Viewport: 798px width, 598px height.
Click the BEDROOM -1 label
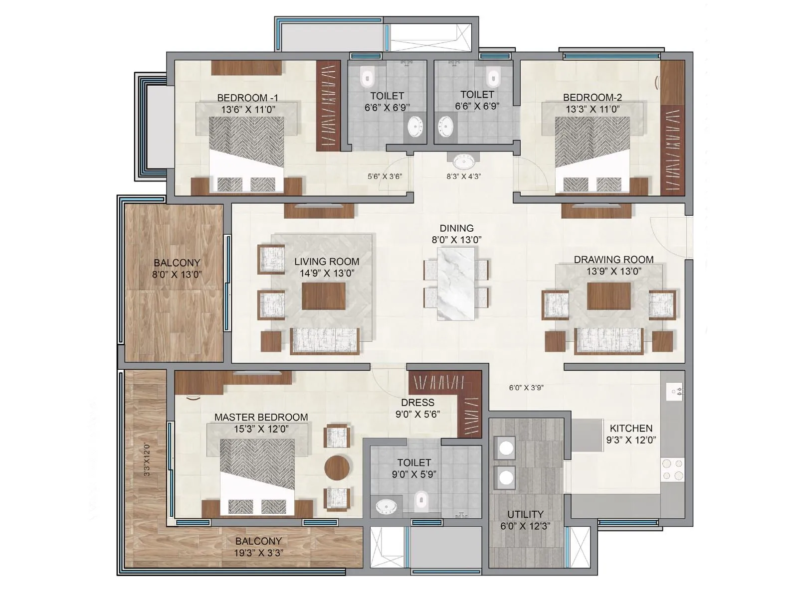pos(247,98)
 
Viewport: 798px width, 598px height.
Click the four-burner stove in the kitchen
pos(673,469)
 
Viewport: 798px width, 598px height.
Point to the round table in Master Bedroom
pos(337,467)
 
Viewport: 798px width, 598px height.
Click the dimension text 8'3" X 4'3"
pos(464,176)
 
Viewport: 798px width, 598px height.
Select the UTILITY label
pos(525,514)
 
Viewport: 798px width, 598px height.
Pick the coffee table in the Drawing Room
pos(608,296)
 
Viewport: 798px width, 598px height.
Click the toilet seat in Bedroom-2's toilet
pos(493,77)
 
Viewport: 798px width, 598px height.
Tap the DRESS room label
pos(417,402)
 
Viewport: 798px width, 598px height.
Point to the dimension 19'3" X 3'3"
pos(258,552)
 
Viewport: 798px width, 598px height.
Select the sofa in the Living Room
pos(325,341)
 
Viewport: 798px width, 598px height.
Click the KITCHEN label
pos(631,428)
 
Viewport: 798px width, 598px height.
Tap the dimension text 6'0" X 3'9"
pos(526,387)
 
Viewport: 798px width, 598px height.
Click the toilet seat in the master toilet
pos(421,500)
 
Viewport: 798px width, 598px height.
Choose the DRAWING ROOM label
pos(613,260)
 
